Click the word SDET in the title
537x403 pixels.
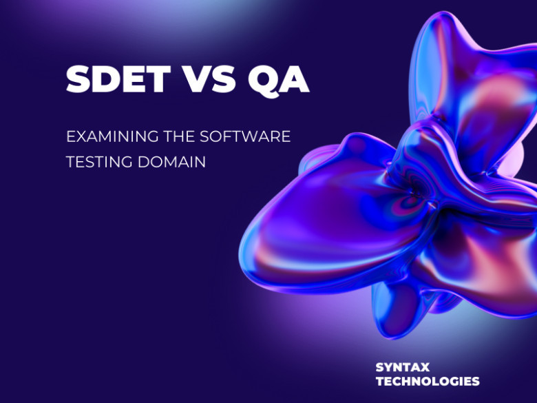[x=118, y=79]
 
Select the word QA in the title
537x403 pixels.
[x=278, y=81]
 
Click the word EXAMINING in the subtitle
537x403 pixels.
[x=112, y=136]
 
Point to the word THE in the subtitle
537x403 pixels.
[x=179, y=136]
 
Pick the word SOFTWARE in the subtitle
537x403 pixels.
[x=245, y=136]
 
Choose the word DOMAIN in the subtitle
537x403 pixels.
[x=171, y=162]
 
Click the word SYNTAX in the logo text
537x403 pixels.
[x=403, y=367]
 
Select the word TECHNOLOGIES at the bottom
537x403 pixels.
[x=428, y=382]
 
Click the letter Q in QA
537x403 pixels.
[x=264, y=81]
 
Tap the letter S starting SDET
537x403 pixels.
[x=78, y=79]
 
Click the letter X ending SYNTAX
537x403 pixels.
[x=424, y=367]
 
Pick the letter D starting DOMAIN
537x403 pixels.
[x=143, y=162]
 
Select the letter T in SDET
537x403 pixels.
[x=158, y=79]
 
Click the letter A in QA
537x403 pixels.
[x=295, y=79]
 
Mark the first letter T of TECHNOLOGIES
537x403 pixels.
[x=381, y=382]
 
